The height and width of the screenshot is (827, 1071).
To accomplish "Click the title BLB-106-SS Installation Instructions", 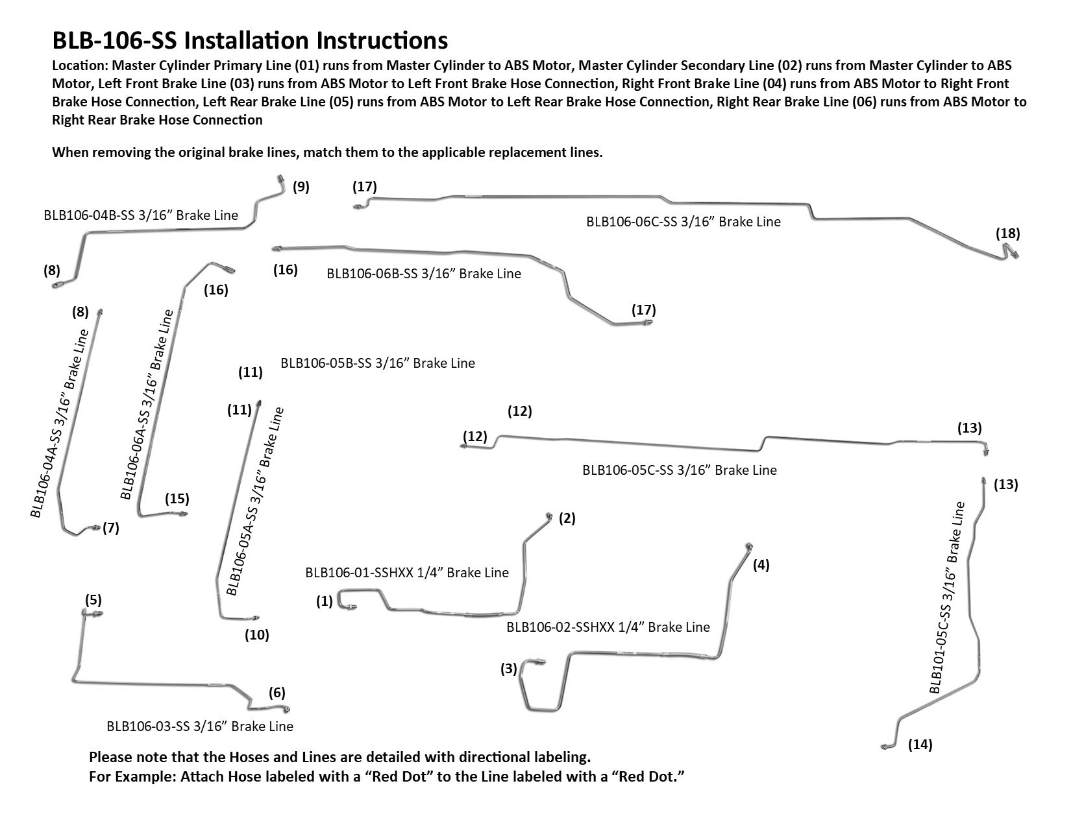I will coord(250,40).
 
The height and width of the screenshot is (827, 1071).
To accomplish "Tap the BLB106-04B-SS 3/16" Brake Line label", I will coord(141,215).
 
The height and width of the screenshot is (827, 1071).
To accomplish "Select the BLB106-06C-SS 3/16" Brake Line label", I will coord(683,222).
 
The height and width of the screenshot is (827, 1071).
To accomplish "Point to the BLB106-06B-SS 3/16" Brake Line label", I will coord(424,274).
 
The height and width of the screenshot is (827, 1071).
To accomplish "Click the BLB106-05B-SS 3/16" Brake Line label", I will coord(377,363).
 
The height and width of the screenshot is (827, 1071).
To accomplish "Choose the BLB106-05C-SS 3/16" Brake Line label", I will coord(679,470).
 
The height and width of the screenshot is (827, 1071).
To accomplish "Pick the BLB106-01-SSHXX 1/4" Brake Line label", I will coord(406,573).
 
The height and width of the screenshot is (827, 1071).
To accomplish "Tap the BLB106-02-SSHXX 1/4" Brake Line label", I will coord(608,627).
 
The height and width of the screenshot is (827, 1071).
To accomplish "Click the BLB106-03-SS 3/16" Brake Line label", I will coord(200,726).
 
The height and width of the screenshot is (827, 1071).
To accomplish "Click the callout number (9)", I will coord(301,187).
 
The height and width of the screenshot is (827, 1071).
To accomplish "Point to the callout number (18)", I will coord(1007,234).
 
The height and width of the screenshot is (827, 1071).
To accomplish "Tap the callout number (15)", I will coord(177,499).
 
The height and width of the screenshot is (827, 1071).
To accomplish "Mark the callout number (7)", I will coord(111,528).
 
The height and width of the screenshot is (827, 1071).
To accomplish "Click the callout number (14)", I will coord(920,745).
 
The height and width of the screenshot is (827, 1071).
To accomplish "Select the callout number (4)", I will coord(761,565).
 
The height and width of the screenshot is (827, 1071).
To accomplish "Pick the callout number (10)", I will coord(256,635).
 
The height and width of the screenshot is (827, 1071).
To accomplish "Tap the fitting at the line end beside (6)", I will coord(286,708).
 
